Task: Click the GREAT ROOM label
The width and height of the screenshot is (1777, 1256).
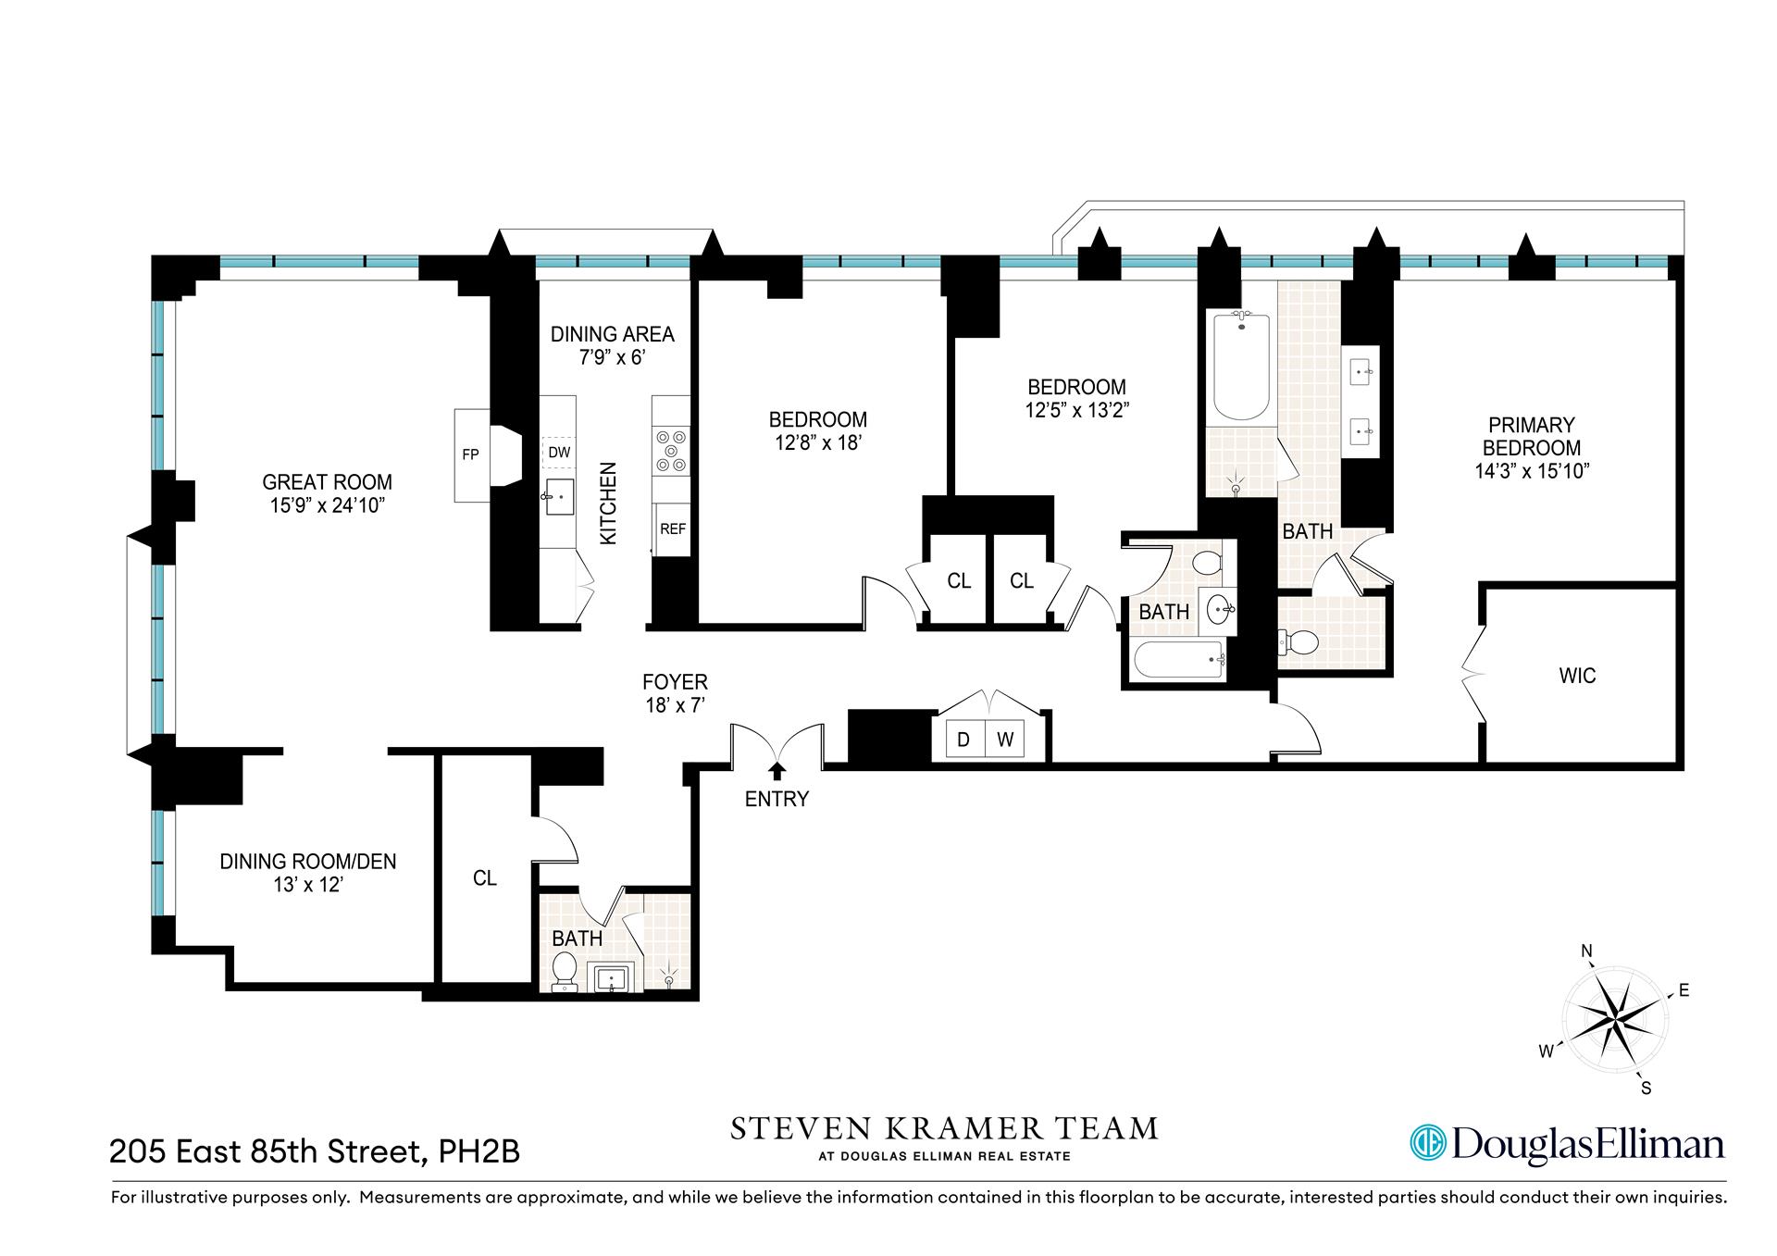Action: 327,482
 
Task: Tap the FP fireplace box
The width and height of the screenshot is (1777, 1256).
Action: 470,454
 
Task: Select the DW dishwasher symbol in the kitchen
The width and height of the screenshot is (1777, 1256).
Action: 559,453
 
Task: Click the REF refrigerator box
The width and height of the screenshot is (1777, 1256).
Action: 672,529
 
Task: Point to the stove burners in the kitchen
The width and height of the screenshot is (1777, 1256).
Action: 671,451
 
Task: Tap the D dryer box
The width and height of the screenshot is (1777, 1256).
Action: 963,740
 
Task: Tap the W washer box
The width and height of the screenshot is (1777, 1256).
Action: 1005,740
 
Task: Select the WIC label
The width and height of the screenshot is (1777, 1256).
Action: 1577,676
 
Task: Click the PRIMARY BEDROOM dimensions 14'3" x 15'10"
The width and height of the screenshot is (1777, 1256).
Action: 1532,471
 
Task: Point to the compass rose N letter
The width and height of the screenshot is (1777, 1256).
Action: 1586,951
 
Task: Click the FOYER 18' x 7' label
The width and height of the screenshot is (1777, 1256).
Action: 675,693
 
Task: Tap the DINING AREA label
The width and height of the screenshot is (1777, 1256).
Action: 612,334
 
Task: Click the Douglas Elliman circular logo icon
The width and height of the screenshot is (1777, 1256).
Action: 1427,1142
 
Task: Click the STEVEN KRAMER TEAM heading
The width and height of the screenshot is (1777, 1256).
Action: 944,1128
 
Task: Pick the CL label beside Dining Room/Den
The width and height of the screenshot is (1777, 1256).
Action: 485,878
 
